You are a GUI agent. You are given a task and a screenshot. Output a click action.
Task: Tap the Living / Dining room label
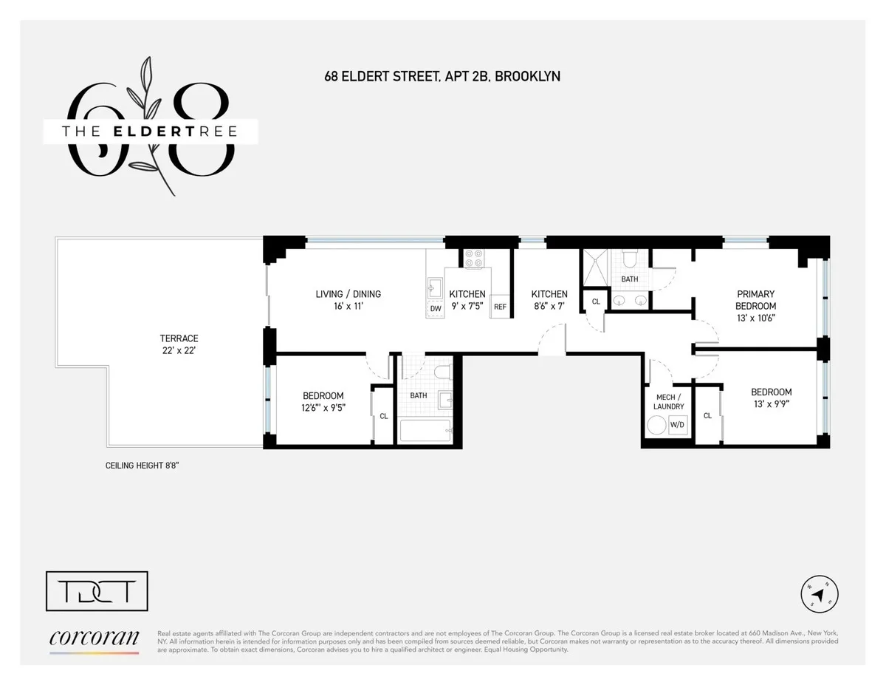348,299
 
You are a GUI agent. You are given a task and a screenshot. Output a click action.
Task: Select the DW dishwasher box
436,309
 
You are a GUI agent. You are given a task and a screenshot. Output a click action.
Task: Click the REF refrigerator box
500,307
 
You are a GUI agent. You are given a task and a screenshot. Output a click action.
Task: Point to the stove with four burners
473,258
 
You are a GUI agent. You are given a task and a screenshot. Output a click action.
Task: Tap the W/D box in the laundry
677,425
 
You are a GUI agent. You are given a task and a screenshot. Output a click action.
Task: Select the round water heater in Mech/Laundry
656,425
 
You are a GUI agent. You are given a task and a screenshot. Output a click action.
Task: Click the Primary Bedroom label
755,300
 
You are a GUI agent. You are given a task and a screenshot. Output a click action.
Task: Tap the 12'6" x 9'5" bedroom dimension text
323,408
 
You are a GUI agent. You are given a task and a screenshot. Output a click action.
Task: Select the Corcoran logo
94,640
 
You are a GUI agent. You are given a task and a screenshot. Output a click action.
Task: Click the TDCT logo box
97,591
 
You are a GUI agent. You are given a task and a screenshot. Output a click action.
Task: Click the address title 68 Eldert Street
442,76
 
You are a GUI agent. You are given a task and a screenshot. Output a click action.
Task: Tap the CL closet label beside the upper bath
596,301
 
